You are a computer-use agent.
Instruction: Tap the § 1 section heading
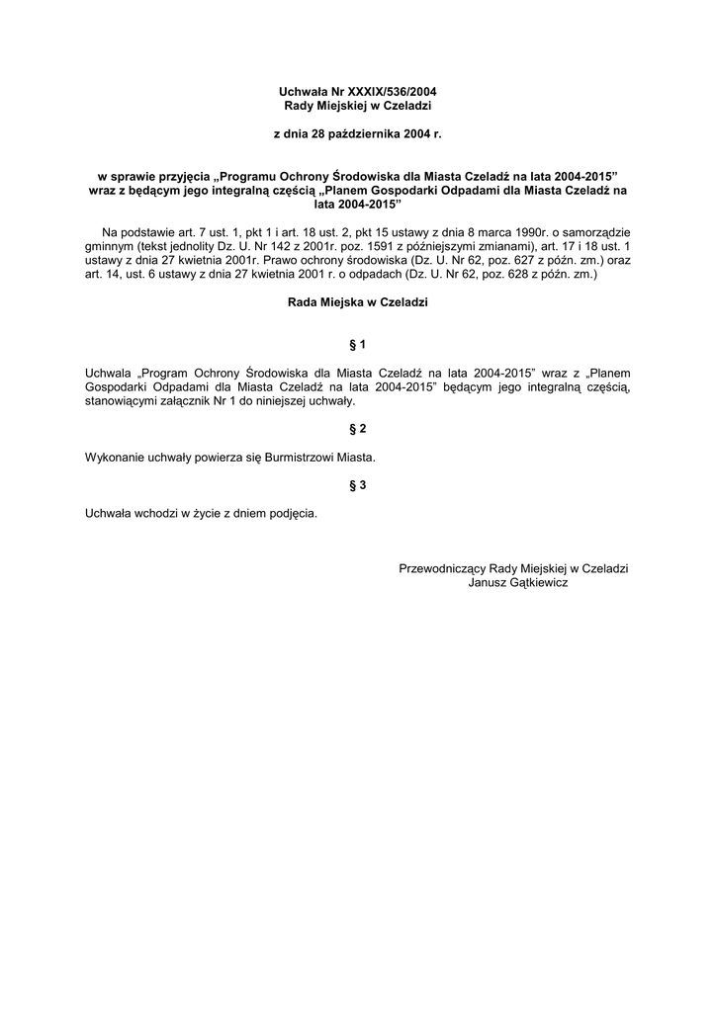pos(358,344)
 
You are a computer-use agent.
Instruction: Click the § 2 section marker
pos(358,429)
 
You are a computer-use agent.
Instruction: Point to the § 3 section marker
pos(358,485)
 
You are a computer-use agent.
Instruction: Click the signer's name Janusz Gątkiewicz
pos(517,582)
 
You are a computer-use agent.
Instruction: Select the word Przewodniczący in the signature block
pos(442,568)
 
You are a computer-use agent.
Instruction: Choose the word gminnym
pos(110,245)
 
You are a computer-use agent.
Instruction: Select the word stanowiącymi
pos(121,401)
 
